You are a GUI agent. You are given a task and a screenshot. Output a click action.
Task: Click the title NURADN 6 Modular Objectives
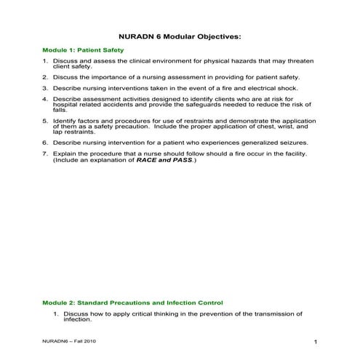[179, 35]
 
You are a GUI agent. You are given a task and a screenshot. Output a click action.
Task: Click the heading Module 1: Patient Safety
[82, 50]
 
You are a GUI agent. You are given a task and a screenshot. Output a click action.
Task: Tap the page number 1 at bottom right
[315, 342]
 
